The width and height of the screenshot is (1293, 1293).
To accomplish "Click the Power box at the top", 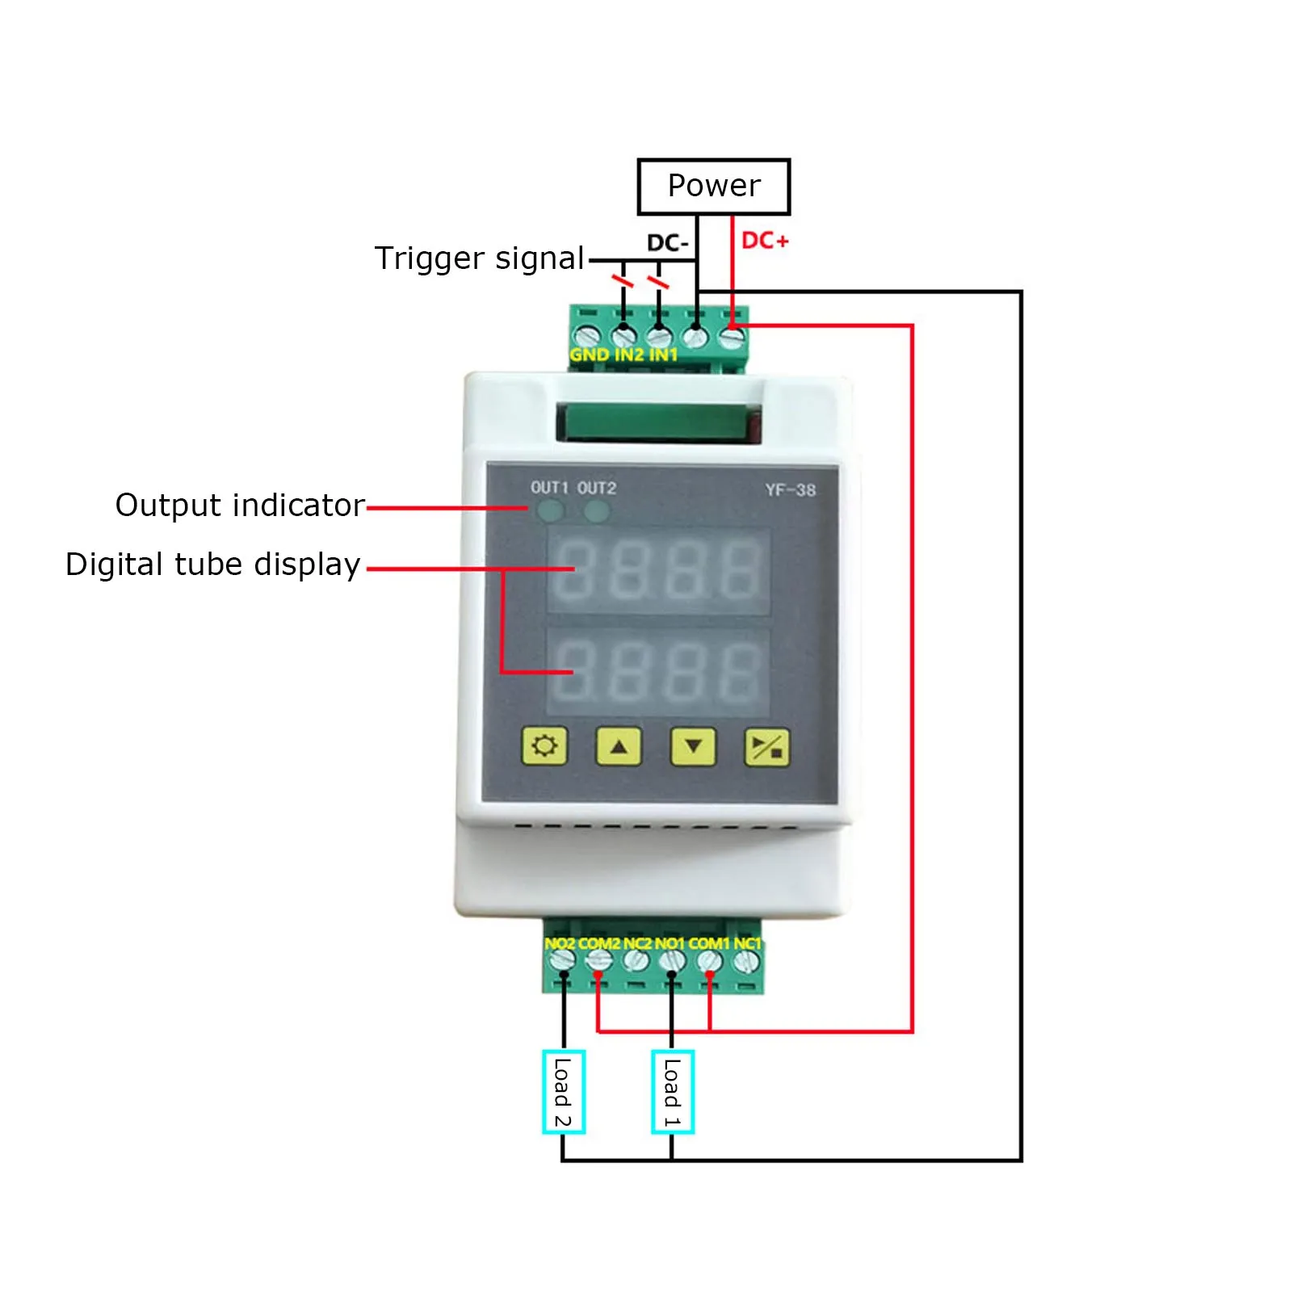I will [713, 187].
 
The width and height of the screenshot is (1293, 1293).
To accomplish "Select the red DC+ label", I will [764, 241].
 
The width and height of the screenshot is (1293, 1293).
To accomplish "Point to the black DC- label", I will [667, 243].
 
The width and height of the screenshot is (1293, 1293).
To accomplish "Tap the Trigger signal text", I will [479, 258].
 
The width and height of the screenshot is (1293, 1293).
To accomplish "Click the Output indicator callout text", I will [240, 506].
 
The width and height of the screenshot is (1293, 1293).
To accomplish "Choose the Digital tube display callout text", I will [212, 565].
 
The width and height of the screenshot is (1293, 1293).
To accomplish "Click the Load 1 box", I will [672, 1092].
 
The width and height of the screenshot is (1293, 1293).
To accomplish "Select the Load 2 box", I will [563, 1092].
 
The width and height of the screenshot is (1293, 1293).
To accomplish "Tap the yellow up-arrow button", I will [619, 746].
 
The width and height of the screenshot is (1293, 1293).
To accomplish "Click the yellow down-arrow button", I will [693, 746].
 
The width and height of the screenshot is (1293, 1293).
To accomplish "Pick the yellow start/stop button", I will [766, 747].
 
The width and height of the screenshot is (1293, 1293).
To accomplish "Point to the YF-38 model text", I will [790, 490].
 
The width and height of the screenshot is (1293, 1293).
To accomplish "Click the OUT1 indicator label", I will [549, 488].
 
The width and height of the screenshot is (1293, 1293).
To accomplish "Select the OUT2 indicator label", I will [597, 488].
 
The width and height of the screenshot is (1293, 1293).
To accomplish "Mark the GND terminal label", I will [589, 355].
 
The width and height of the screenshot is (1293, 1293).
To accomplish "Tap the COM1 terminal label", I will [708, 943].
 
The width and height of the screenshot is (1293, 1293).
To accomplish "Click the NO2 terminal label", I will [560, 943].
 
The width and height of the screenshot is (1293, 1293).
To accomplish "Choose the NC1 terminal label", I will [747, 943].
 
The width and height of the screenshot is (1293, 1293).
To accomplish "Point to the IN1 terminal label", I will [663, 355].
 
